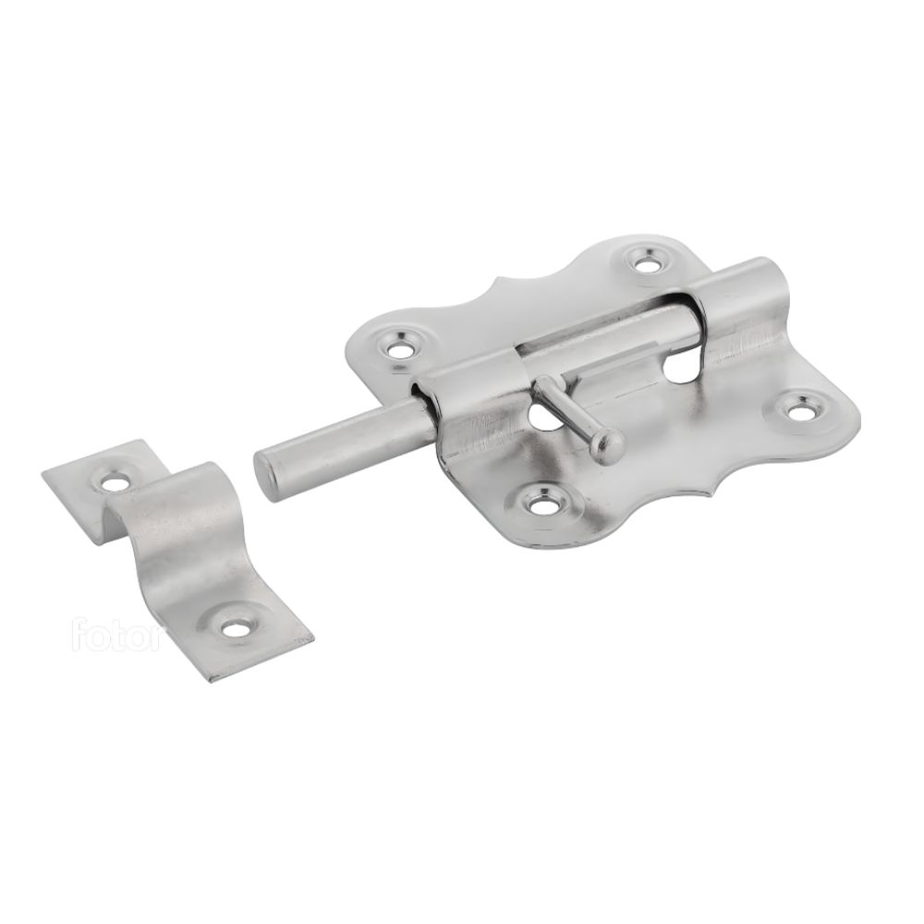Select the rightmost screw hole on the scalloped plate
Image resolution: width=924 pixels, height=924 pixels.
pos(799,412)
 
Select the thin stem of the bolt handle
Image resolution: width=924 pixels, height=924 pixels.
pos(565,408)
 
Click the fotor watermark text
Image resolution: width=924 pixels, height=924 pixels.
pos(116,634)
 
